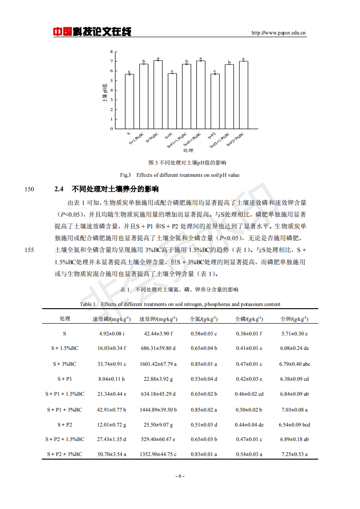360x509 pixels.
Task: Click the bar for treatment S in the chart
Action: coord(129,102)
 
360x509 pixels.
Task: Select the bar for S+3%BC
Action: coord(158,95)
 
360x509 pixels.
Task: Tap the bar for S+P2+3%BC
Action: coord(243,95)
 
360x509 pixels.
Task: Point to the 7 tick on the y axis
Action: coord(111,61)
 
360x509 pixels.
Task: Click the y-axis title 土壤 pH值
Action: coord(105,91)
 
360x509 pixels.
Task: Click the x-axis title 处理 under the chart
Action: coord(188,150)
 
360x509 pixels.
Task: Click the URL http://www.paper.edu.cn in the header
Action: coord(278,33)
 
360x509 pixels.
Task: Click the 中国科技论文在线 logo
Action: coord(92,32)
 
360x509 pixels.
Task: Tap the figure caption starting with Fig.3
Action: coord(180,175)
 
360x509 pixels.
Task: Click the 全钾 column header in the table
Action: coord(294,319)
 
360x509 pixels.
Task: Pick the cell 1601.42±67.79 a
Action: coord(158,364)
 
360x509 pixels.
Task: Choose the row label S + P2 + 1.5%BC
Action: coord(65,439)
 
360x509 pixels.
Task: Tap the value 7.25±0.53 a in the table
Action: coord(294,454)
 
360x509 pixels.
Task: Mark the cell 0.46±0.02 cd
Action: coord(248,394)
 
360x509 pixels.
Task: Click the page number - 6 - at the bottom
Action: coord(180,476)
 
